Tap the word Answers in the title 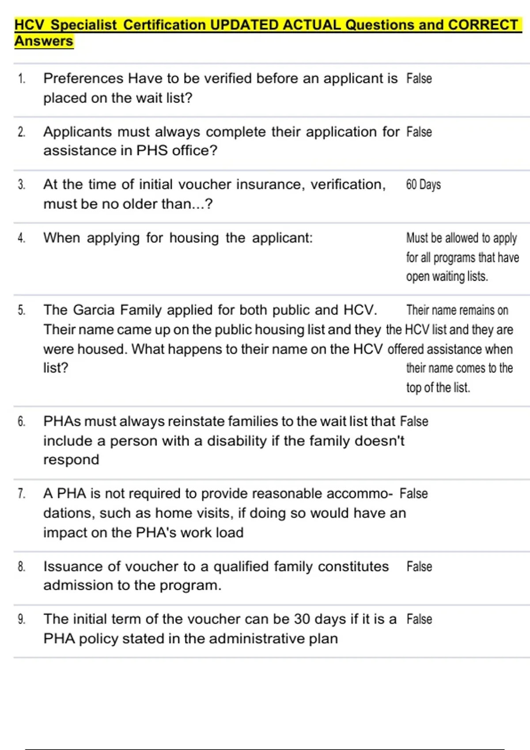[x=44, y=41]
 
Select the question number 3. [x=22, y=184]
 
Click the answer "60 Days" [x=423, y=184]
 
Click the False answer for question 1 [x=419, y=79]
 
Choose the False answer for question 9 [x=419, y=619]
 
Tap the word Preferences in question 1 [x=83, y=79]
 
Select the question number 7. [x=22, y=493]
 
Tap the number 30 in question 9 [x=302, y=619]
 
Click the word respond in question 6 [x=71, y=460]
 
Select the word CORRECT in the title [x=483, y=25]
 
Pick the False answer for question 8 [x=419, y=566]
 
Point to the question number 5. [x=22, y=310]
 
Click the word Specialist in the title [x=84, y=25]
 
